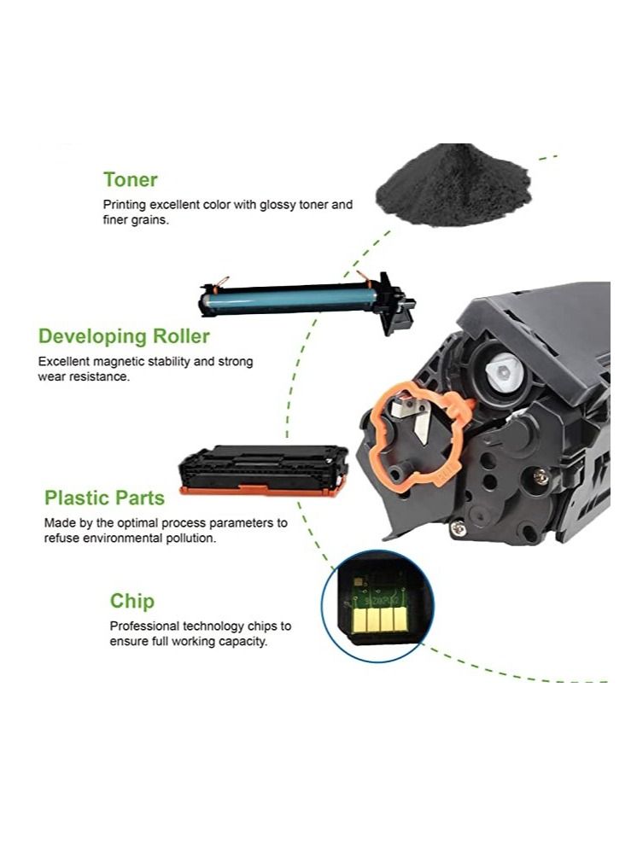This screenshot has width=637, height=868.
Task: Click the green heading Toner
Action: point(130,179)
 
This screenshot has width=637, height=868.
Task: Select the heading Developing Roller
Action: point(124,335)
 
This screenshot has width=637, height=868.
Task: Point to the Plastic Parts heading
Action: point(104,498)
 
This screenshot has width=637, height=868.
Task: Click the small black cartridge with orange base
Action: point(262,471)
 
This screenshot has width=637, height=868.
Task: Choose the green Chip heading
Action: point(132,601)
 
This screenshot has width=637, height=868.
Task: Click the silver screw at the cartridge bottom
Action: point(460,530)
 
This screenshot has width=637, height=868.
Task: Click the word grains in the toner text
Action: point(148,219)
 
